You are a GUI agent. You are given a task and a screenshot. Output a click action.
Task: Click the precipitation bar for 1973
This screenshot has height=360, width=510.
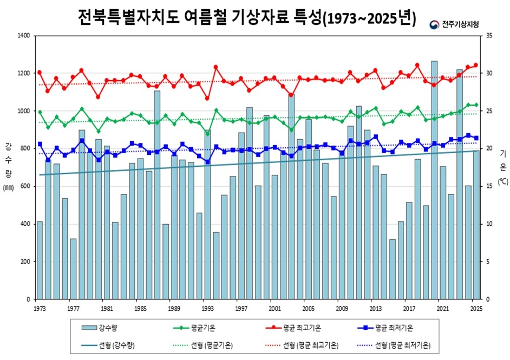tap(39, 260)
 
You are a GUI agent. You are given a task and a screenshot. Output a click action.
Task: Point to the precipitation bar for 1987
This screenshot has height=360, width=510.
tap(156, 195)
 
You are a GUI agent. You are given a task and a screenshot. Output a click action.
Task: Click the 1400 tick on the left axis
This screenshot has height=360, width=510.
tap(24, 36)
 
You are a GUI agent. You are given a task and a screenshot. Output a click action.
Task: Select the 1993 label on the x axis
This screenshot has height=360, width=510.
tap(206, 308)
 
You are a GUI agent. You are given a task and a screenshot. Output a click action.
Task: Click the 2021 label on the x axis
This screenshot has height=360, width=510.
tap(442, 308)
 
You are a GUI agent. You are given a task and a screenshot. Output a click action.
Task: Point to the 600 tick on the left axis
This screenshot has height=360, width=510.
tap(26, 186)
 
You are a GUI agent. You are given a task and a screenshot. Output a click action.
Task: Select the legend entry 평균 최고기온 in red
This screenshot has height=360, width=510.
tap(302, 328)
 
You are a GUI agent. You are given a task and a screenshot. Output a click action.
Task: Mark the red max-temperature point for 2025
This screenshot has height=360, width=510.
tap(476, 66)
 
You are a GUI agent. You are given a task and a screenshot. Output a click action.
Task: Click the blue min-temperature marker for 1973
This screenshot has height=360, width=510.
tap(40, 144)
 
